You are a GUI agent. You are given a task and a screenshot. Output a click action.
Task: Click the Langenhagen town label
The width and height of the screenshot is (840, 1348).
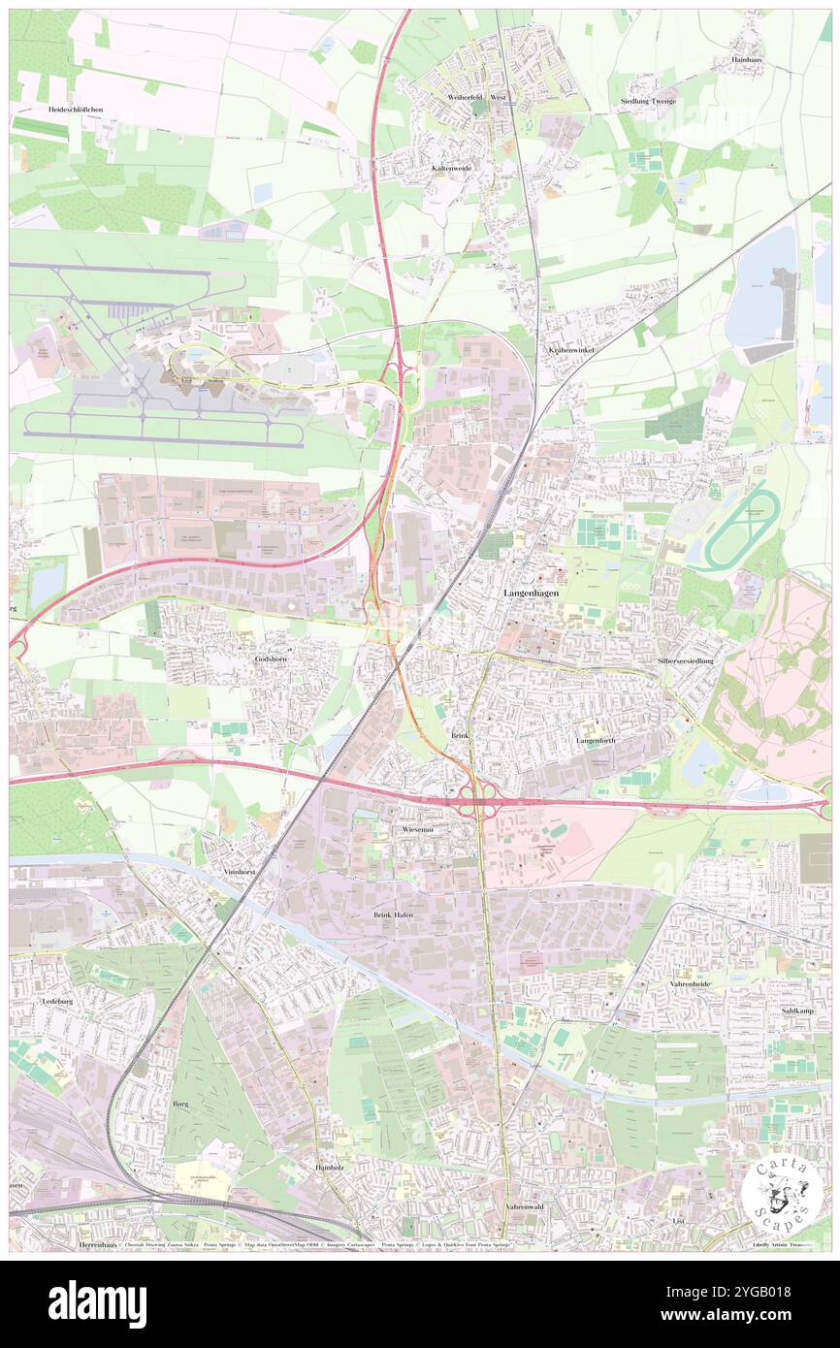point(530,592)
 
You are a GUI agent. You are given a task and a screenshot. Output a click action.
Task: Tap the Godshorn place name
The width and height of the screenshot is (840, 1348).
point(272,658)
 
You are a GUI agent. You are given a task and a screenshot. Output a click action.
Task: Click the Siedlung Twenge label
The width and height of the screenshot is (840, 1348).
point(648,101)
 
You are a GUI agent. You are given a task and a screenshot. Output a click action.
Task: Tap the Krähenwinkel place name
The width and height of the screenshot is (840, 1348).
point(570,349)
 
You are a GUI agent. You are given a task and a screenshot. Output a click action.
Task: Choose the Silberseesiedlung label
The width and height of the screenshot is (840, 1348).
point(685,660)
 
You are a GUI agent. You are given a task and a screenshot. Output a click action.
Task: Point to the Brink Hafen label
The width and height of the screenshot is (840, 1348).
point(393,915)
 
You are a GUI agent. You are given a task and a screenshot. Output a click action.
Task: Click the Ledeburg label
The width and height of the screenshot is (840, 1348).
point(58,1000)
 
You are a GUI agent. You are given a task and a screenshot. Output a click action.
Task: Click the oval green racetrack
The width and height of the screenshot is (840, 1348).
point(741,529)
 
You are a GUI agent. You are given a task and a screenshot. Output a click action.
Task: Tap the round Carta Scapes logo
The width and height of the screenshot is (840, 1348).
point(778,1196)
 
